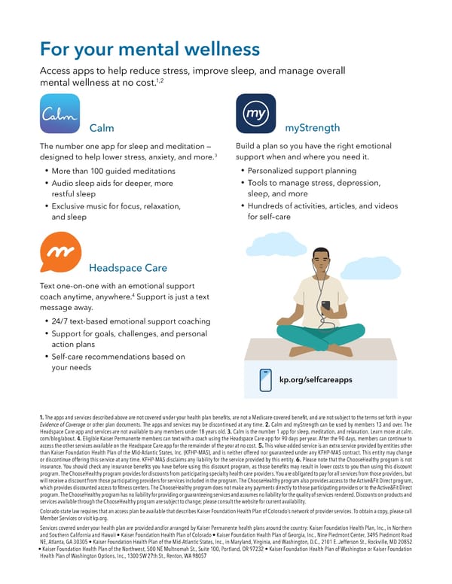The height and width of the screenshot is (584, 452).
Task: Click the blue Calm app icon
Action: point(60,114)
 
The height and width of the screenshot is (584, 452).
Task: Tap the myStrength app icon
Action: point(255,114)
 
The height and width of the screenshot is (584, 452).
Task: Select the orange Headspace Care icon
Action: point(60,252)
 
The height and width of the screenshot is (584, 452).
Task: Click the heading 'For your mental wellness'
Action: point(150,50)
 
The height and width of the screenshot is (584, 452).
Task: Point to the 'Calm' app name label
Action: point(102,128)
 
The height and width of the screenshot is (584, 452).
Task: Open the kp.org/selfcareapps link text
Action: point(316,379)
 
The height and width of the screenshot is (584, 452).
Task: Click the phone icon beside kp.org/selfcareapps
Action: point(265,379)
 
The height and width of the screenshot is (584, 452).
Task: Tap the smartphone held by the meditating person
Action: point(325,306)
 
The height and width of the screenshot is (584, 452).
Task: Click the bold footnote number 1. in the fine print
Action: point(41,417)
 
